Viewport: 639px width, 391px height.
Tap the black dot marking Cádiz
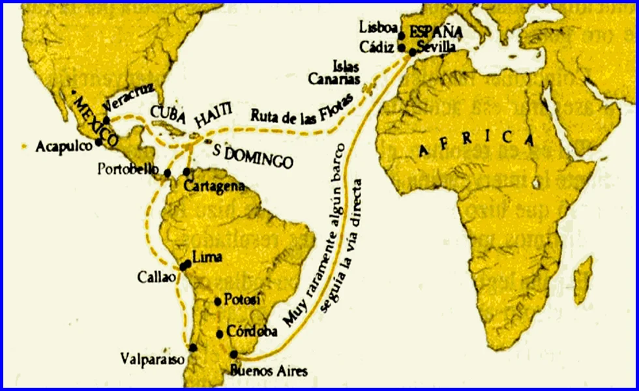(x=402, y=48)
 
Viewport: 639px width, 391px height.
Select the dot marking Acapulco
(x=98, y=141)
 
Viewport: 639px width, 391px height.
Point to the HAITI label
(x=213, y=121)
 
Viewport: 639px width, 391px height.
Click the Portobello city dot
(x=168, y=173)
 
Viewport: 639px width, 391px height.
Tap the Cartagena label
(x=214, y=186)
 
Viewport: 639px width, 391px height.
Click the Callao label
(x=156, y=276)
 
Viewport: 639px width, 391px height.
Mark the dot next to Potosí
(x=218, y=301)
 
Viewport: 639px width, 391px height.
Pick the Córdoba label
(x=252, y=331)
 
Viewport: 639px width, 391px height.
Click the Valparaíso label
(x=153, y=358)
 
